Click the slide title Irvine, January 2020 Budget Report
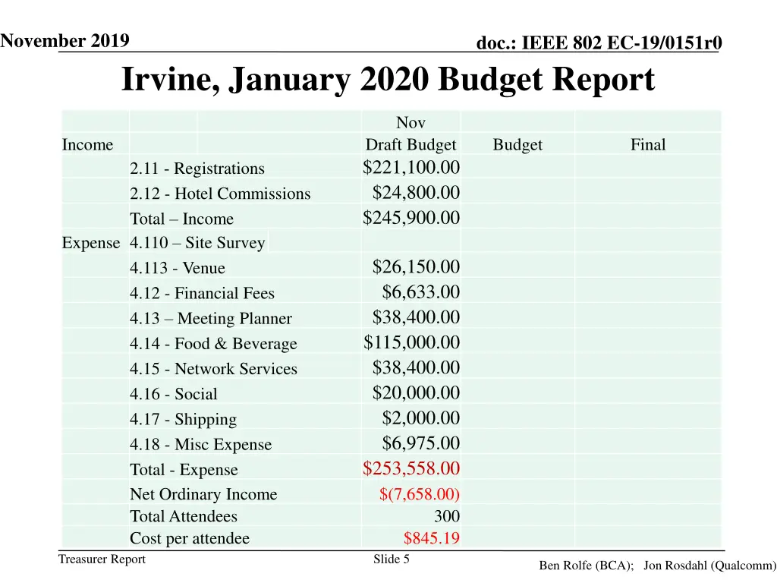pyautogui.click(x=388, y=80)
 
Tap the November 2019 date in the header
pyautogui.click(x=64, y=40)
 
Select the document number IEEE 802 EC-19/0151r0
pyautogui.click(x=599, y=44)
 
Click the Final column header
pyautogui.click(x=647, y=145)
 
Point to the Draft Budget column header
pyautogui.click(x=411, y=145)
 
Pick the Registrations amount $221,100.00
pyautogui.click(x=411, y=167)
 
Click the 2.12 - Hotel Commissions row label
pyautogui.click(x=220, y=194)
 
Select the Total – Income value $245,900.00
pyautogui.click(x=411, y=218)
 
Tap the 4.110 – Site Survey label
pyautogui.click(x=197, y=243)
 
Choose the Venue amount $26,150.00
pyautogui.click(x=416, y=266)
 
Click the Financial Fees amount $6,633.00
pyautogui.click(x=420, y=292)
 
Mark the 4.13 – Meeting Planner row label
pyautogui.click(x=210, y=319)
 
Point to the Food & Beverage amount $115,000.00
pyautogui.click(x=411, y=342)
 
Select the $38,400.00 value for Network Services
pyautogui.click(x=416, y=367)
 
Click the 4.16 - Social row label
pyautogui.click(x=173, y=394)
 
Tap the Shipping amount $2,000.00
pyautogui.click(x=420, y=418)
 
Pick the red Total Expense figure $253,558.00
pyautogui.click(x=411, y=468)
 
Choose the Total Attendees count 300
pyautogui.click(x=446, y=517)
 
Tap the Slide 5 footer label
pyautogui.click(x=392, y=559)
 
